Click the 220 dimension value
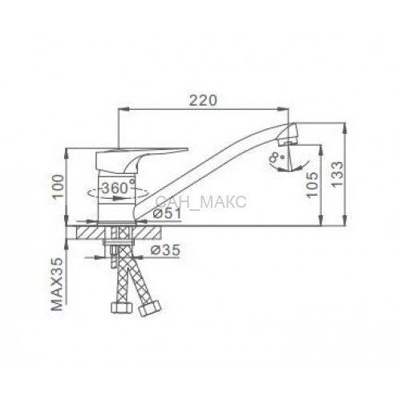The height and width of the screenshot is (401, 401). tap(204, 100)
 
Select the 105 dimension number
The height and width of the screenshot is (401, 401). tap(313, 184)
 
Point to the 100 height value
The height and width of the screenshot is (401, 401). tap(58, 187)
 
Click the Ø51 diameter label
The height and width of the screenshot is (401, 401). tap(168, 213)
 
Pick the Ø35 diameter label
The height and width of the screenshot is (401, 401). tap(165, 250)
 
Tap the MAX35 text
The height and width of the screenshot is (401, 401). tap(57, 284)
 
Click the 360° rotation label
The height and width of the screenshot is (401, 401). tap(118, 188)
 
